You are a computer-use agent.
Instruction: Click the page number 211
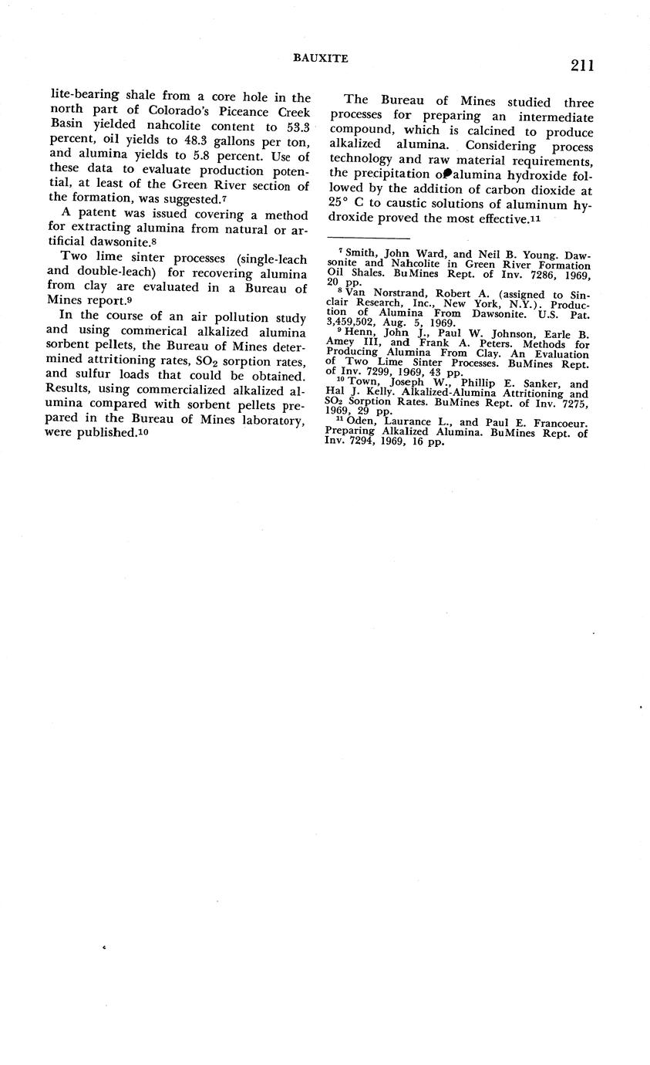coord(582,66)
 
